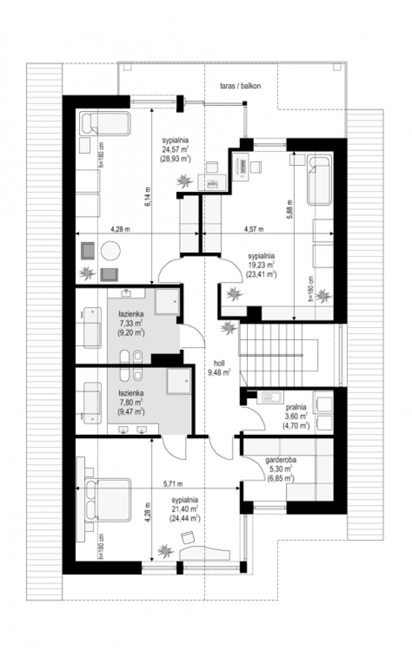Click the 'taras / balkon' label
point(240,86)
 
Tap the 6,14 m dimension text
point(148,196)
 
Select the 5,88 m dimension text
point(290,209)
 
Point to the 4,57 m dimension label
point(254,229)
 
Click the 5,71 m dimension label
point(173,484)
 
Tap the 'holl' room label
point(219,363)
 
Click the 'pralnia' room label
point(296,407)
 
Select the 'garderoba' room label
point(281,460)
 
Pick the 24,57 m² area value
point(176,150)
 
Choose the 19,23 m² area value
point(261,265)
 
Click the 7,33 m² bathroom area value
point(131,323)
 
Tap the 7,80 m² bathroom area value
point(131,403)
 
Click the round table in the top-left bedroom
point(111,251)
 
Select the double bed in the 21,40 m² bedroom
point(108,499)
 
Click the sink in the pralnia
point(270,397)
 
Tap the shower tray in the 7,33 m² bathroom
point(167,302)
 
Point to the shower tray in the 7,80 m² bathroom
point(179,381)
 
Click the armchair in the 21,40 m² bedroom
point(188,537)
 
